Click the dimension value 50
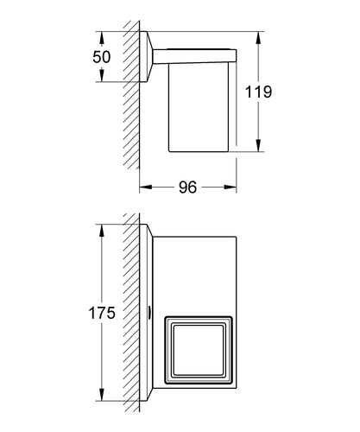[x=102, y=57]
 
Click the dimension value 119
[x=258, y=92]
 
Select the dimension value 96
[x=187, y=187]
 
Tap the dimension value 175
[x=102, y=313]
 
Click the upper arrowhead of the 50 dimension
[x=101, y=37]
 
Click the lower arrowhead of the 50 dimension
[x=101, y=75]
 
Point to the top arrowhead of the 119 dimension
[x=258, y=38]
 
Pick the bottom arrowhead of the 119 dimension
[x=258, y=145]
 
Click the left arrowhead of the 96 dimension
[x=146, y=187]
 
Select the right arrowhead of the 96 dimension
[x=230, y=187]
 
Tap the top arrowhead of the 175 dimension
[x=101, y=231]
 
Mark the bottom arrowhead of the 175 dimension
[x=101, y=394]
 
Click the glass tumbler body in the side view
[x=199, y=107]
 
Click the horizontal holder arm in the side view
[x=194, y=56]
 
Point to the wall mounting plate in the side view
[x=146, y=56]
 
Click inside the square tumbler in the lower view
[x=199, y=350]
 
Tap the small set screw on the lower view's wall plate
[x=150, y=312]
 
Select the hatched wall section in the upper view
[x=131, y=95]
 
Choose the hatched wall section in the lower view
[x=131, y=313]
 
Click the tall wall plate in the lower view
[x=146, y=313]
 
